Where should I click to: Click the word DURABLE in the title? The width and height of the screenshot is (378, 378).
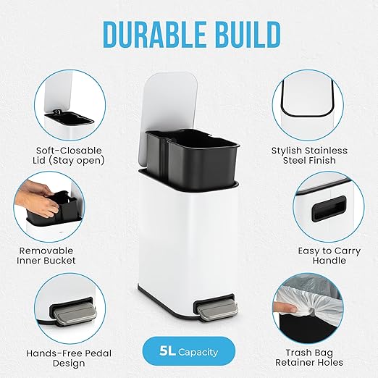(x=154, y=35)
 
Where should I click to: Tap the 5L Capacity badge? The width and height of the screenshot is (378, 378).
(x=189, y=351)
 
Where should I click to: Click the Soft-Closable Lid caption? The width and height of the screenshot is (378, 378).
(x=69, y=156)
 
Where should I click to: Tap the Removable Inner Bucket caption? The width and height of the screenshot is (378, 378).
(x=46, y=256)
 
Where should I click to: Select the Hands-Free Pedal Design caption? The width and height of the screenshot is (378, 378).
(x=69, y=358)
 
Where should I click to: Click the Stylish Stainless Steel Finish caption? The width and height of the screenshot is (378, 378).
(x=309, y=156)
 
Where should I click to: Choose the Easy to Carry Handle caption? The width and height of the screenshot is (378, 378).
(x=329, y=256)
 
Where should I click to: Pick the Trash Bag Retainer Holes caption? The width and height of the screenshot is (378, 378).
(x=309, y=358)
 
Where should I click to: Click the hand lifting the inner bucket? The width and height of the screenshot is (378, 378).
(x=36, y=198)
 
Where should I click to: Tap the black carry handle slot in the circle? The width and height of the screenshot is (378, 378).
(x=329, y=209)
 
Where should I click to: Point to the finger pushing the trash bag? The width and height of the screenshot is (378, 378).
(x=285, y=307)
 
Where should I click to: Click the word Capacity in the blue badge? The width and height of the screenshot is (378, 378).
(x=198, y=352)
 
